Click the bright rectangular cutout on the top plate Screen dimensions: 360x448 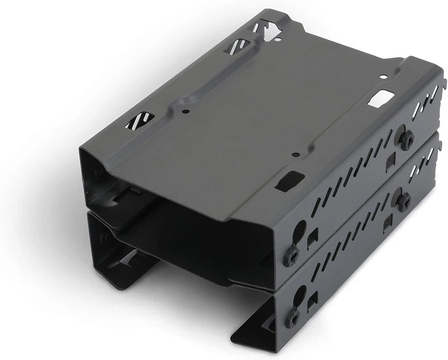click(381, 98)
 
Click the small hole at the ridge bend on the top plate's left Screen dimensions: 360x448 click(186, 111)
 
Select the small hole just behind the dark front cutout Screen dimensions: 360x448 click(294, 154)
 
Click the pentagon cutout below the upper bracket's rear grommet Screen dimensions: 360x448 click(389, 163)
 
